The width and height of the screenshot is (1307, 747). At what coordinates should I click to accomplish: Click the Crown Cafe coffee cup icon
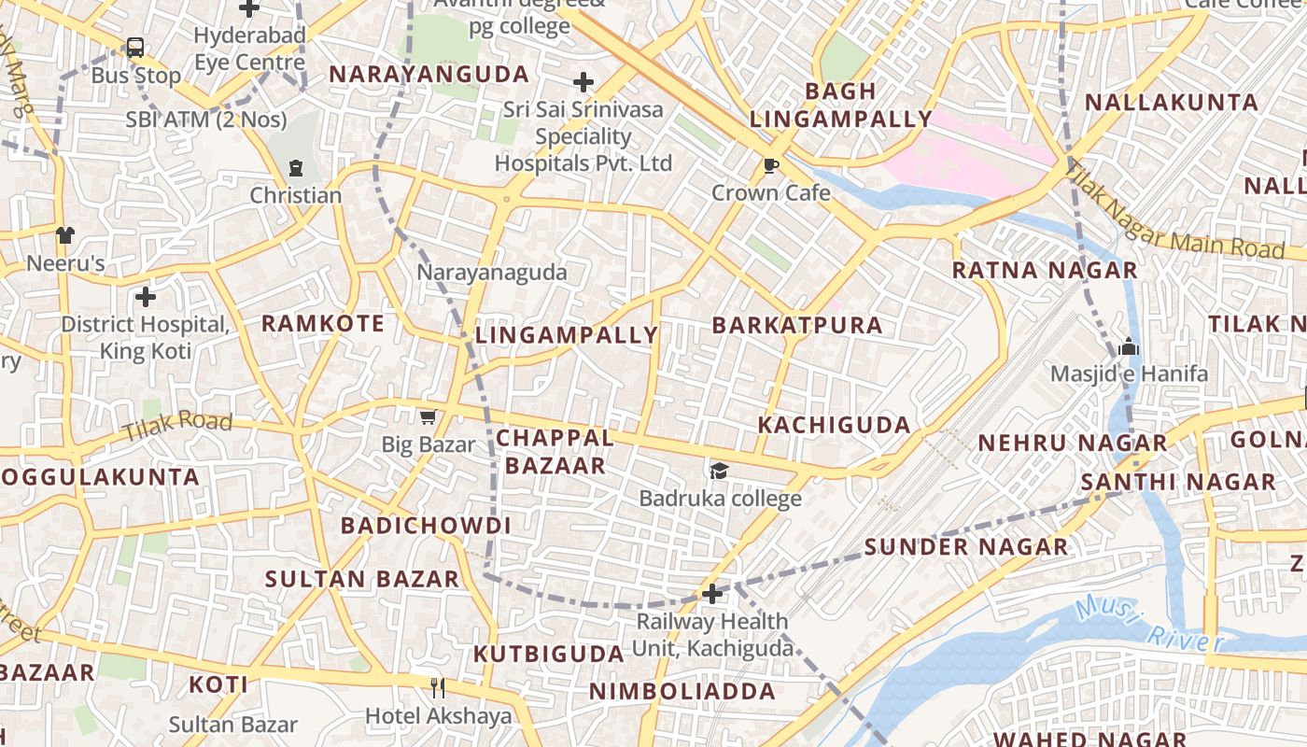pos(770,166)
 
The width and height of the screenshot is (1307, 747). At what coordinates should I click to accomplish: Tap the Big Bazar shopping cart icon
pos(428,416)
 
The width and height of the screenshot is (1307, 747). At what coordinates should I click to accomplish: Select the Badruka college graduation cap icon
pos(719,471)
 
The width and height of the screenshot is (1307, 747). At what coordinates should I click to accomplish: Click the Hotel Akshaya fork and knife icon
pos(438,687)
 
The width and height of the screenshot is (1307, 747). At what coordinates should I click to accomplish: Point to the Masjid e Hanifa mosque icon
pos(1129,346)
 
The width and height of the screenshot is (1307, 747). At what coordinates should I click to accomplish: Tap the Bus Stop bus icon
pos(135,48)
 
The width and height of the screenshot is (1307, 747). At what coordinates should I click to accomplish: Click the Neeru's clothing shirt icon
pos(64,235)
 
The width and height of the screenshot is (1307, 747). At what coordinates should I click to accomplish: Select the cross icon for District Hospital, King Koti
pos(146,297)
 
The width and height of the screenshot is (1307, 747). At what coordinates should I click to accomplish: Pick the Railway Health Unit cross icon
pos(712,593)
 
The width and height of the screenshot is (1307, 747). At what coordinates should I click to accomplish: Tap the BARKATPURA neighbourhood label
pos(796,325)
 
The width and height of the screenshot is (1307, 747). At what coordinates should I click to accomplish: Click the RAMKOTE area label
pos(322,324)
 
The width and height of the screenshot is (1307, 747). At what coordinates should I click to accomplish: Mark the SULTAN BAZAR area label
pos(362,579)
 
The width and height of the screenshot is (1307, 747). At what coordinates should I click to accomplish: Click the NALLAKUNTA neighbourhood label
pos(1172,103)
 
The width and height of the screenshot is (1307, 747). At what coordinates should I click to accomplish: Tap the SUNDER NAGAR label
pos(965,547)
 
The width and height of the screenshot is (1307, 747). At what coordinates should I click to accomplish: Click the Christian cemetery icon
pos(296,168)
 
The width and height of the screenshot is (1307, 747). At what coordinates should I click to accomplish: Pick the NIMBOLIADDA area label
pos(682,692)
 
